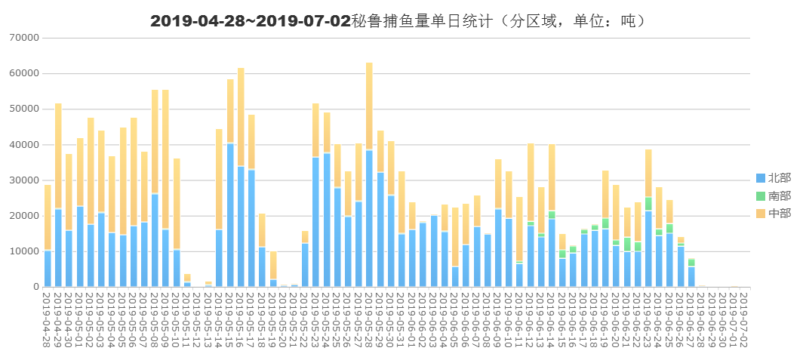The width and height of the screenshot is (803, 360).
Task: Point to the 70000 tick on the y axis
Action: coord(25,37)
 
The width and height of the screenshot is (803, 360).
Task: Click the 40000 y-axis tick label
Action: coord(25,144)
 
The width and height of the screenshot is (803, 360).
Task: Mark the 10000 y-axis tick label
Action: coord(25,251)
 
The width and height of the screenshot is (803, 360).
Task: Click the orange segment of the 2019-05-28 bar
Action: coord(370,106)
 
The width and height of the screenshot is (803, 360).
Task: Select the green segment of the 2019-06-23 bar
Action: coord(648,204)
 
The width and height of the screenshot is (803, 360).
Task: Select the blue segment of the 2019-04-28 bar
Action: coord(48,269)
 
